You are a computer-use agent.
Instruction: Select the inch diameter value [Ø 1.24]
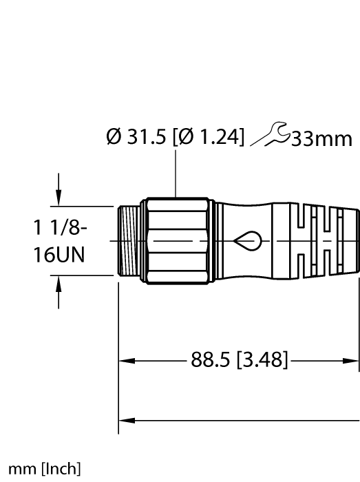tap(210, 138)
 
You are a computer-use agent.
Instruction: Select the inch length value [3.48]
tap(262, 359)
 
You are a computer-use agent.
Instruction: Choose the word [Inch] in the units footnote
tap(61, 470)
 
